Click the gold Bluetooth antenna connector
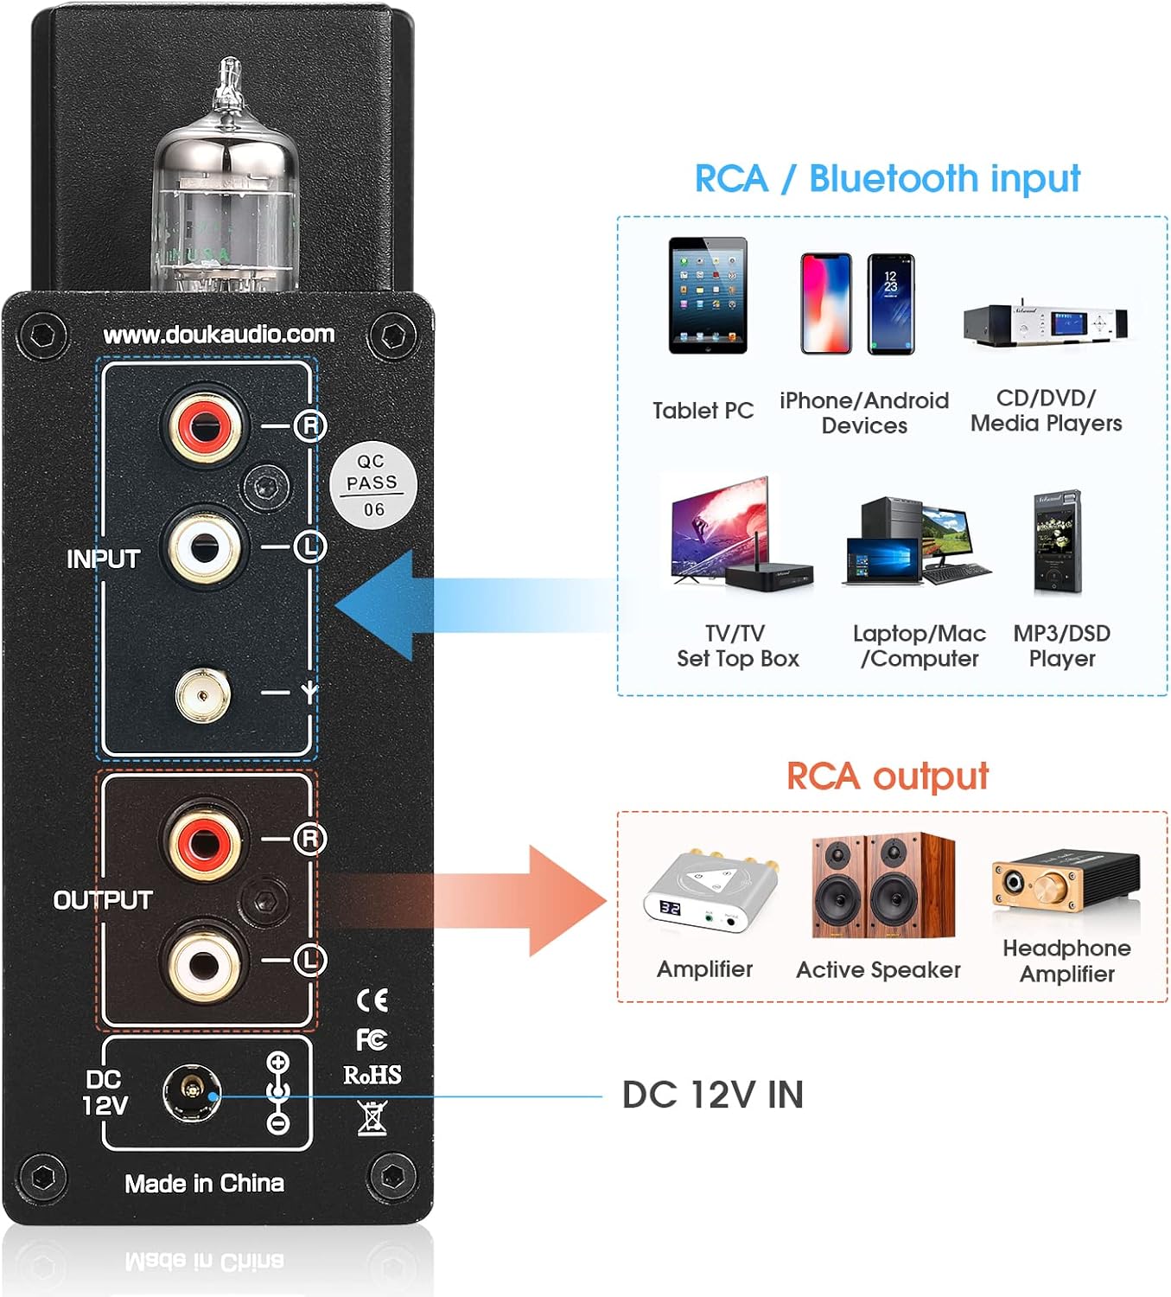[203, 693]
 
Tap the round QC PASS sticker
[373, 485]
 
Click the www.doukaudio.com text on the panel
[219, 335]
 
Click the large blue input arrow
[406, 605]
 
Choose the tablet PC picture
[707, 296]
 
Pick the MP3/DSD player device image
[1058, 544]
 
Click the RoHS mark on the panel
[372, 1075]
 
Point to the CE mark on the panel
[372, 1000]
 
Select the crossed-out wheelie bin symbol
[372, 1118]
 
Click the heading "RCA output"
[887, 776]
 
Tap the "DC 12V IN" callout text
[713, 1095]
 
